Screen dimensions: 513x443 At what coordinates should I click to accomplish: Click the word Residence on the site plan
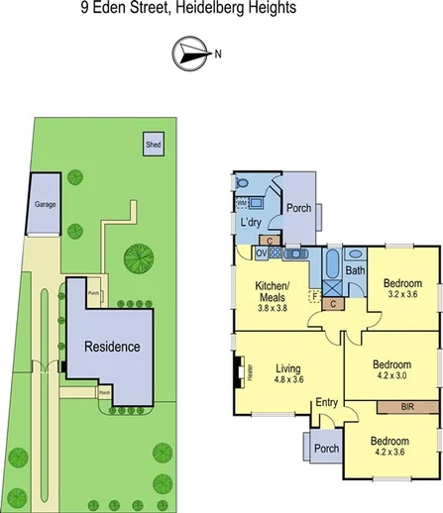tap(111, 348)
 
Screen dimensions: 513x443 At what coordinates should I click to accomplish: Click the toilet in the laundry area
tap(244, 183)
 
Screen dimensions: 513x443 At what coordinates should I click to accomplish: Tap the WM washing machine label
tap(241, 202)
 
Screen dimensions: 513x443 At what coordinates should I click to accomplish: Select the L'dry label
tap(251, 222)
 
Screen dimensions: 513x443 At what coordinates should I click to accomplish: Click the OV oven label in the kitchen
tap(262, 254)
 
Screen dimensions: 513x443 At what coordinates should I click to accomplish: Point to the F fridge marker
tap(315, 294)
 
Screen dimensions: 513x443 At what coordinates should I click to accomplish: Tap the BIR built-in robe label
tap(407, 406)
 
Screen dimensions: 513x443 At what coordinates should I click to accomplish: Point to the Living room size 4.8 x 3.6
tap(288, 379)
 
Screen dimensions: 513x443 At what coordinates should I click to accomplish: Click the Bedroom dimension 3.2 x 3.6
tap(403, 294)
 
